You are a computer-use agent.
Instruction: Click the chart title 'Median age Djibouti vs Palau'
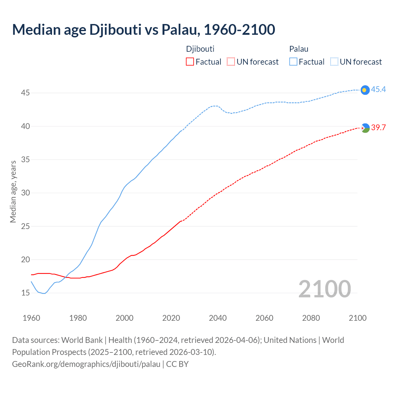pos(143,30)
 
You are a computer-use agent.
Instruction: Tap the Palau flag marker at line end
pos(365,90)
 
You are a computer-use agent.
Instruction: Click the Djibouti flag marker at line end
pos(365,128)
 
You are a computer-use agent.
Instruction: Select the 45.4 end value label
pos(378,90)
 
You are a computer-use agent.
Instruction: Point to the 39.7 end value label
pos(378,128)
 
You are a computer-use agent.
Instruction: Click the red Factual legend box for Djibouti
pos(190,62)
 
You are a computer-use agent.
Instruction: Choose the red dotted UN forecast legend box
pos(231,62)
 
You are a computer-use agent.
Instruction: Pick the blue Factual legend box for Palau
pos(293,62)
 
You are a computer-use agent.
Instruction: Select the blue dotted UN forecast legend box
pos(334,62)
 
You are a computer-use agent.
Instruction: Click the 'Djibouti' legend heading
pos(200,49)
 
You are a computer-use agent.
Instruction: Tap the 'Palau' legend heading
pos(299,49)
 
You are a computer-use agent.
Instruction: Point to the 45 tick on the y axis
pos(25,93)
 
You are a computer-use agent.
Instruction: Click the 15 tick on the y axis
pos(25,293)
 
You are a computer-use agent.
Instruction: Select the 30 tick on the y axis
pos(25,193)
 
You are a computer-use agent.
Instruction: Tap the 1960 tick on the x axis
pos(31,318)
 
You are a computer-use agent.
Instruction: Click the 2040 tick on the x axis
pos(218,318)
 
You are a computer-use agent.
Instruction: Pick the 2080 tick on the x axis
pos(311,318)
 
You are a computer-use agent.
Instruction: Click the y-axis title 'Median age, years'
pos(13,191)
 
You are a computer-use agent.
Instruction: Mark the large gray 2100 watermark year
pos(324,289)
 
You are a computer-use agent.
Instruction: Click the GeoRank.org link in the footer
pos(86,364)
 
